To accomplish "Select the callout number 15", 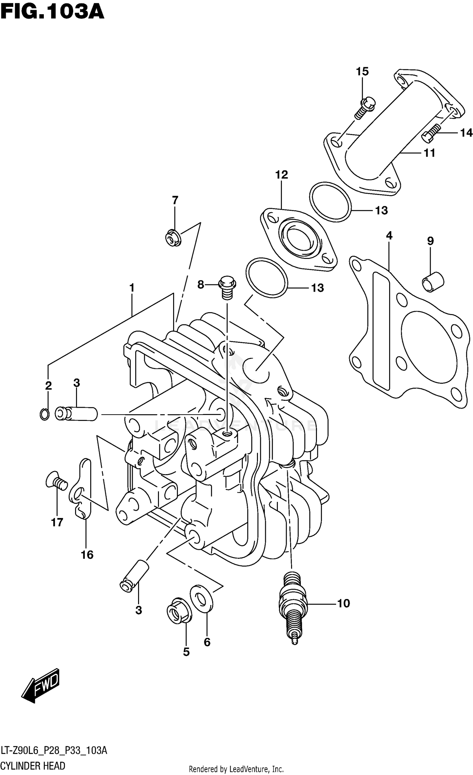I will coord(362,72).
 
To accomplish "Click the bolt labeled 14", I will coord(431,134).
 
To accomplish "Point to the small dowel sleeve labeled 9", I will coord(433,281).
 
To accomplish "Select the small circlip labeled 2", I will coord(44,414).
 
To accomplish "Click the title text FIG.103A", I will coord(52,12).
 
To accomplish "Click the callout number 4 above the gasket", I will coord(389,236).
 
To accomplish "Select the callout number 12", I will coord(281,175).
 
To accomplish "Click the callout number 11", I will coord(429,153).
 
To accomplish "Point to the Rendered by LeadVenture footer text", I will coord(236,769).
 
